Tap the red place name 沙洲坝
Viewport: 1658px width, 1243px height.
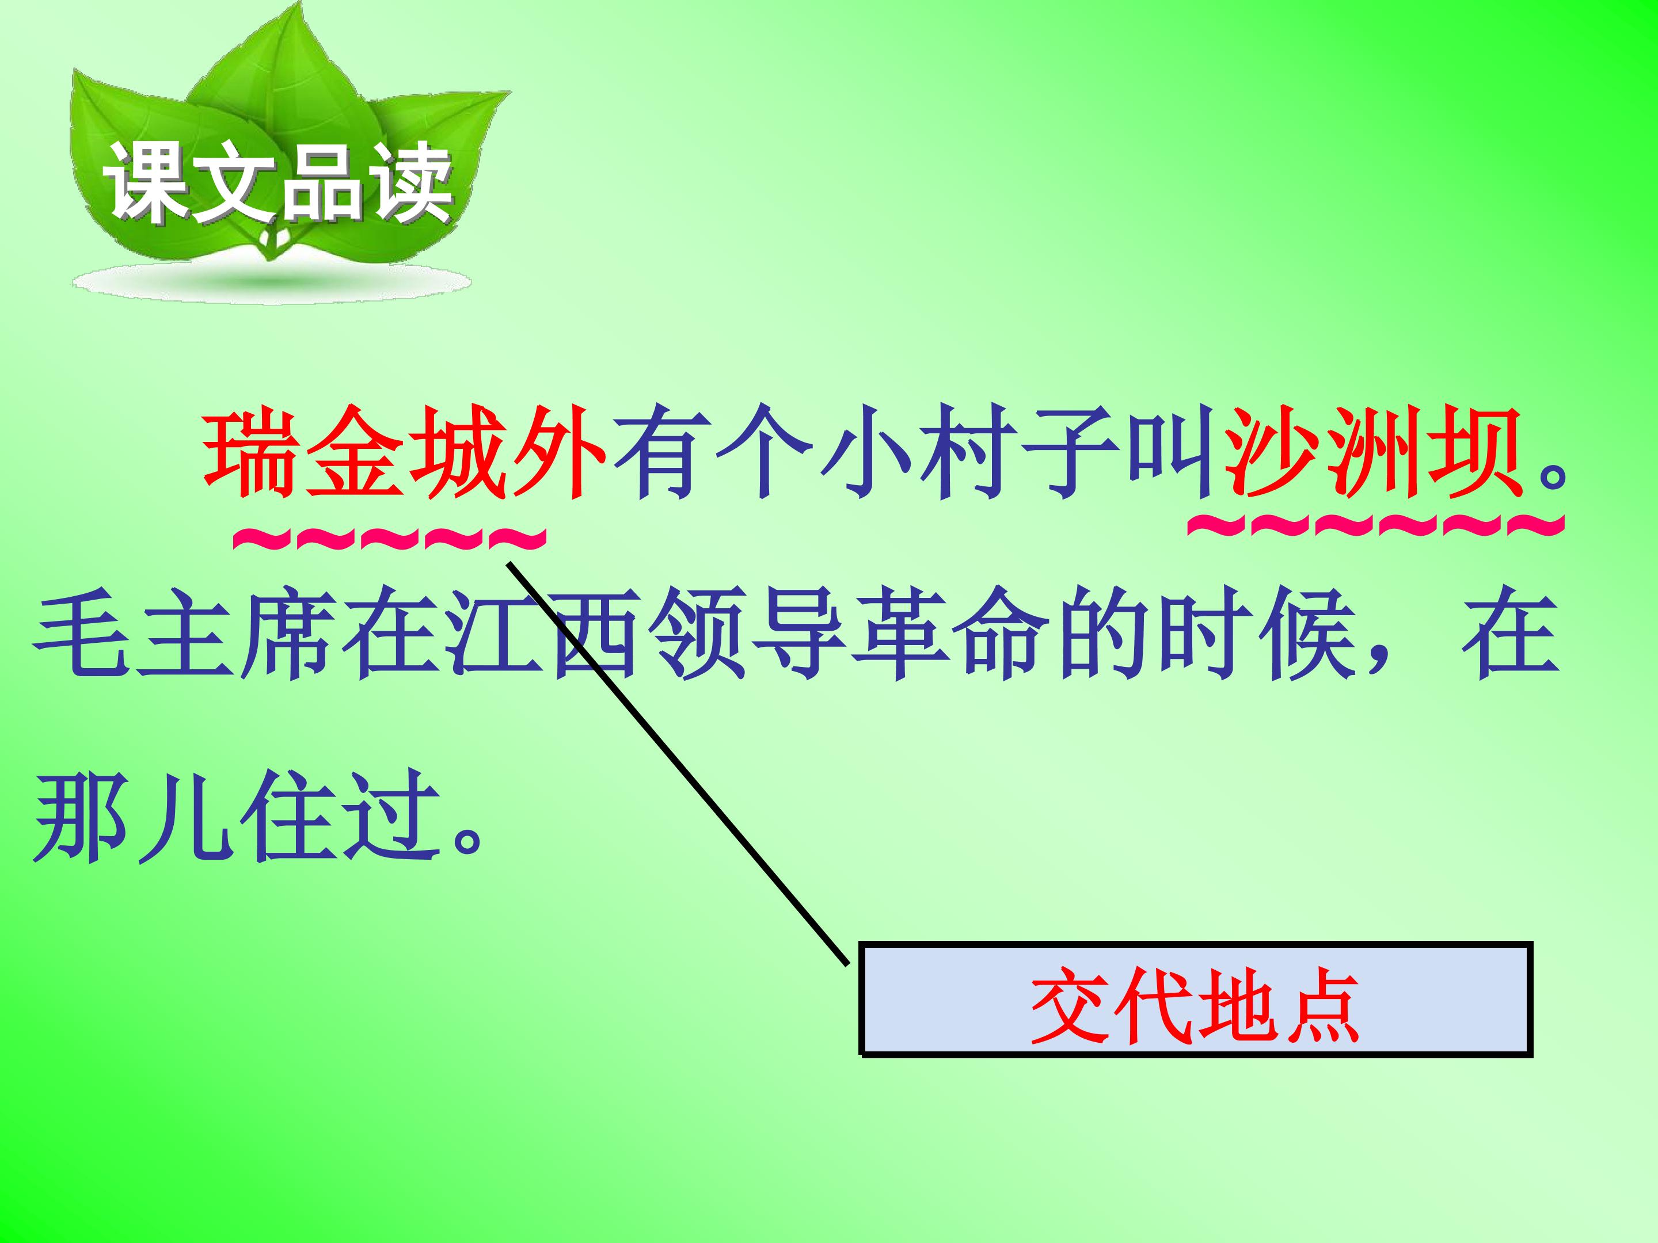coord(1372,454)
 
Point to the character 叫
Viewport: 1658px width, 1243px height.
coord(1169,454)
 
